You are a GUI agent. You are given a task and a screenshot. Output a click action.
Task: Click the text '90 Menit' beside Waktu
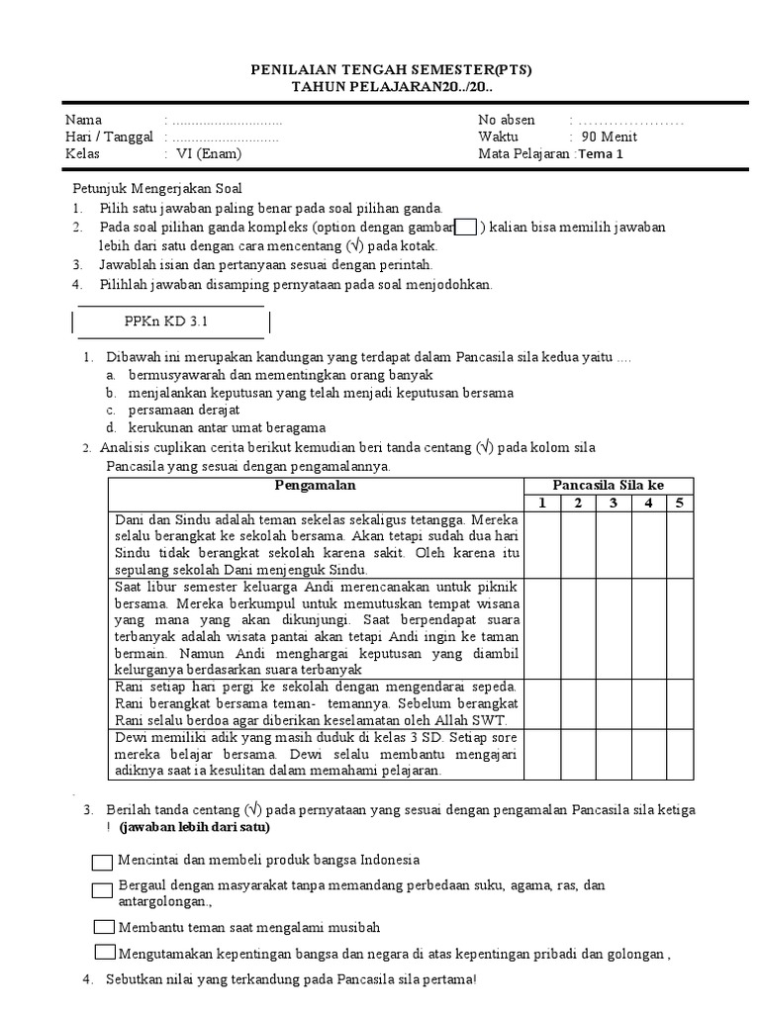pos(605,137)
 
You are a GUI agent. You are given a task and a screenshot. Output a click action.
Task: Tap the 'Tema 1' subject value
pos(601,153)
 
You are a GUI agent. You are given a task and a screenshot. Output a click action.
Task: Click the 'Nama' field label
pos(83,120)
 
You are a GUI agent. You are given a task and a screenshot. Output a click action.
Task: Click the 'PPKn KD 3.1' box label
pos(166,322)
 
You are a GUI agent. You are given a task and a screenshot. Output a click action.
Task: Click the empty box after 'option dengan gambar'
pos(465,227)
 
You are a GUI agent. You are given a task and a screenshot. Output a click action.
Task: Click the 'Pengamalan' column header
pos(314,485)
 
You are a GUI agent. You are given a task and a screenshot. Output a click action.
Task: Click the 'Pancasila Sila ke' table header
pos(608,485)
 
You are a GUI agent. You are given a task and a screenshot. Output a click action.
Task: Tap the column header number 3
pos(613,504)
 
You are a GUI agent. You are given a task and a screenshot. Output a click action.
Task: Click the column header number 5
pos(679,504)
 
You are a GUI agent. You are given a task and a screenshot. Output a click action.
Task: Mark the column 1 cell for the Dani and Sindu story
pos(541,544)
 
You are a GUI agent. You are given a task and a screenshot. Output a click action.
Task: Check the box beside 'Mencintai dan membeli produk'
pos(103,861)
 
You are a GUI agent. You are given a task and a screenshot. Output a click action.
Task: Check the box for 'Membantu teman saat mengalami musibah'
pos(104,927)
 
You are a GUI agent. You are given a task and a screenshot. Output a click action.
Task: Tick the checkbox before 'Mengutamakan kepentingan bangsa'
pos(105,953)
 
